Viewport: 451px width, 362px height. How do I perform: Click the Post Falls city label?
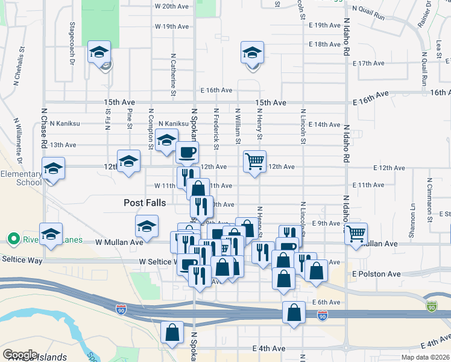tap(145, 203)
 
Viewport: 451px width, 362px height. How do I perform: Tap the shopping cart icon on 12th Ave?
tap(255, 161)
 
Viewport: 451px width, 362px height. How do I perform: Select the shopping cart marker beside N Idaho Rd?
tap(356, 233)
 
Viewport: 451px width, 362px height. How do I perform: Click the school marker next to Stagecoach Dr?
tap(99, 52)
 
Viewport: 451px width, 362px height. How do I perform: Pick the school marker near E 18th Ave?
tap(252, 52)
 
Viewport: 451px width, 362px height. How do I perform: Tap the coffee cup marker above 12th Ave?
tap(187, 151)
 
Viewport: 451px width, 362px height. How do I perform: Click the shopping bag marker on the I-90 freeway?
tap(294, 313)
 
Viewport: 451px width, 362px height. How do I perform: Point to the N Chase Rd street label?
tap(44, 129)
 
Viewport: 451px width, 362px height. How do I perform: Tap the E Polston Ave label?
tap(377, 274)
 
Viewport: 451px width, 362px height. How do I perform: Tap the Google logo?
tap(20, 354)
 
